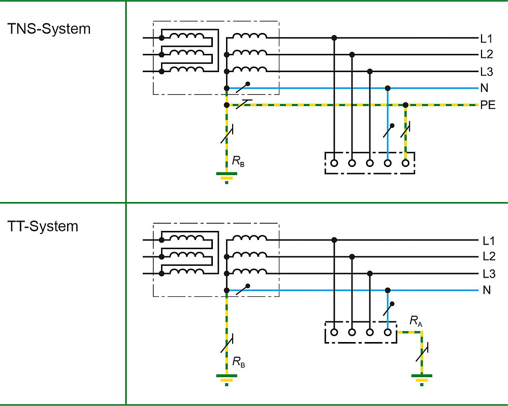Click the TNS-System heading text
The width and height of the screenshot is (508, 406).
[x=49, y=29]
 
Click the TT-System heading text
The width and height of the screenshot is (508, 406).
[x=43, y=226]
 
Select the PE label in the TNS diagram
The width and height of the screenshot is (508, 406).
[x=487, y=106]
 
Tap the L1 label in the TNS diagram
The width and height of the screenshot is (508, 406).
[x=486, y=38]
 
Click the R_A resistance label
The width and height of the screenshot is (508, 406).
[x=416, y=321]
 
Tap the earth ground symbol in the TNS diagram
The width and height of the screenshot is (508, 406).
[x=227, y=177]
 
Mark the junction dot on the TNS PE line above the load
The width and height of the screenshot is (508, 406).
[x=405, y=105]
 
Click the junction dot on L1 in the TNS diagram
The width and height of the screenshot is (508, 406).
[x=334, y=38]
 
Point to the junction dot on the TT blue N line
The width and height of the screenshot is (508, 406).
[x=388, y=291]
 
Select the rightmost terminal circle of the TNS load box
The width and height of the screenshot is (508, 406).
[x=405, y=163]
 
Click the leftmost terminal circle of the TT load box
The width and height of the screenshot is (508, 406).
[x=334, y=332]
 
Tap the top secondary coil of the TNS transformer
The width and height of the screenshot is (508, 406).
[x=249, y=37]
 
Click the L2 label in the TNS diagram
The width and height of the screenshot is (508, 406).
[x=486, y=54]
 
